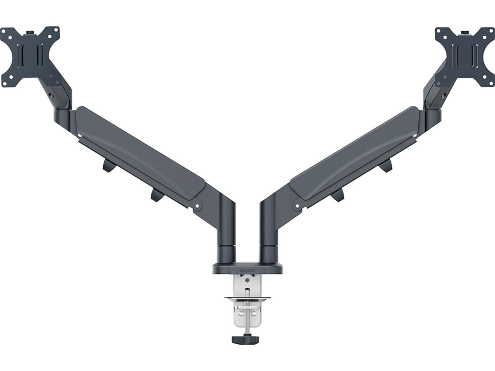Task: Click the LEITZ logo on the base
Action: click(247, 270)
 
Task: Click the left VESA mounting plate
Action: click(30, 56)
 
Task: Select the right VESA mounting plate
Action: click(465, 57)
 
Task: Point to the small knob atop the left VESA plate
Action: click(31, 33)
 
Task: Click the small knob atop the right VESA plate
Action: click(465, 33)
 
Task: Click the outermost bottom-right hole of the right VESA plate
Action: click(491, 84)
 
